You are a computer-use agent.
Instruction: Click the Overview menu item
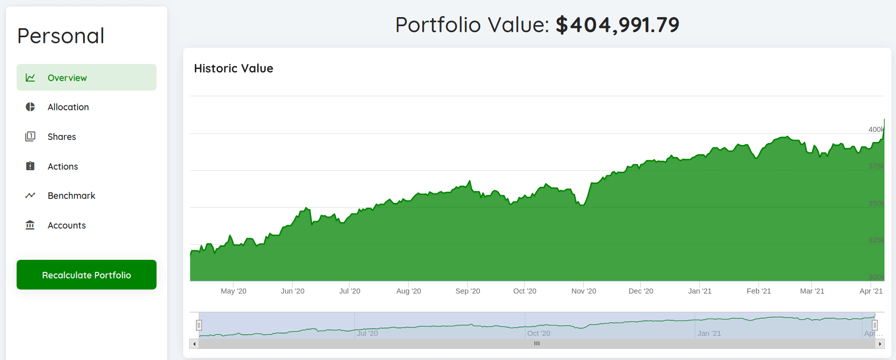tap(86, 78)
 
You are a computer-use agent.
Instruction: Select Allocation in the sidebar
tap(68, 107)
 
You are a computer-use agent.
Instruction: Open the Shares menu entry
tap(61, 137)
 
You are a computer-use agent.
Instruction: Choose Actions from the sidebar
tap(62, 167)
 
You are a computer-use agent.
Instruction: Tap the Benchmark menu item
tap(71, 196)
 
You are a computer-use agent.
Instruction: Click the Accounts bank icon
tap(30, 225)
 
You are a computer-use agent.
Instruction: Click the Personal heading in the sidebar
tap(61, 36)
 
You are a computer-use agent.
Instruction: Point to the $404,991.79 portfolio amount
tap(617, 25)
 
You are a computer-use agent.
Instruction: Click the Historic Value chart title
tap(234, 68)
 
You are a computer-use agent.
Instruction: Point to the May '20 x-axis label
tap(234, 291)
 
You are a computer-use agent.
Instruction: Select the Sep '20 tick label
tap(468, 291)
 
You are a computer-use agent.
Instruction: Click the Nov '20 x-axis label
tap(583, 291)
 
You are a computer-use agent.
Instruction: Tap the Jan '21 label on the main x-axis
tap(700, 291)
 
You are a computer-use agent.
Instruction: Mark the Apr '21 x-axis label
tap(871, 291)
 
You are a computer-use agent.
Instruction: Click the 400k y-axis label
tap(876, 129)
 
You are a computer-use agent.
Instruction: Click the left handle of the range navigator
tap(199, 325)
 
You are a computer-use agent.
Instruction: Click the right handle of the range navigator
tap(875, 325)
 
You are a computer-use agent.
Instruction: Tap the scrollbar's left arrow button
tap(194, 344)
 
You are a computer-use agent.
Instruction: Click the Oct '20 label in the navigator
tap(539, 333)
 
